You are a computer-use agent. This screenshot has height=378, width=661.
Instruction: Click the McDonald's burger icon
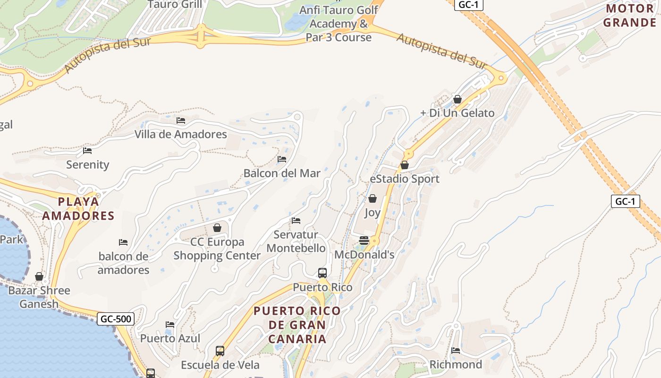click(364, 240)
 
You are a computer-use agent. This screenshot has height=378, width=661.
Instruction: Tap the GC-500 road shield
click(116, 319)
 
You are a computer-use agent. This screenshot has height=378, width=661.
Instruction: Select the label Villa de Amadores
click(181, 134)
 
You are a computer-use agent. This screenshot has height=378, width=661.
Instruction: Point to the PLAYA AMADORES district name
click(78, 209)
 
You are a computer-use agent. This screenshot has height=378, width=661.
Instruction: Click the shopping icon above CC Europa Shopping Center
click(217, 228)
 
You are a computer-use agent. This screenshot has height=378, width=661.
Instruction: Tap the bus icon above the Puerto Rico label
click(322, 273)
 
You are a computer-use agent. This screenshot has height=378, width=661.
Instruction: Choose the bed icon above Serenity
click(87, 151)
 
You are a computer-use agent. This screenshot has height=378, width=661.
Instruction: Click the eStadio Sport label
click(405, 179)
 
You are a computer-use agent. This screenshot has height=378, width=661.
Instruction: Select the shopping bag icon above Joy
click(373, 198)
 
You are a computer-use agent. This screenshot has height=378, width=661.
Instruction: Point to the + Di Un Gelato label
click(457, 113)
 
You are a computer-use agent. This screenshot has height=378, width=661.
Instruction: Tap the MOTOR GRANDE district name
click(629, 15)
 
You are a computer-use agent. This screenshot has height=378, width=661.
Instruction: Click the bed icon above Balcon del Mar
click(282, 159)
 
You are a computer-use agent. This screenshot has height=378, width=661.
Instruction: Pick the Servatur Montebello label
click(296, 241)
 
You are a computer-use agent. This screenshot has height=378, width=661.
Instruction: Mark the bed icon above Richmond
click(456, 350)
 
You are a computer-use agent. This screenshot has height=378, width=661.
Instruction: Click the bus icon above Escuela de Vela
click(220, 351)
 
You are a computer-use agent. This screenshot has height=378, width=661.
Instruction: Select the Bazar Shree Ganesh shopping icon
click(39, 276)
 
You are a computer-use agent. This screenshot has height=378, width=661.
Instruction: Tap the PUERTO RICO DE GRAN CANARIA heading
click(297, 325)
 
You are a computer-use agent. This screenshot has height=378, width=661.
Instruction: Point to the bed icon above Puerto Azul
click(170, 324)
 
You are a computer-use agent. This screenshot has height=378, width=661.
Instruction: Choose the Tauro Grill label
click(175, 5)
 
